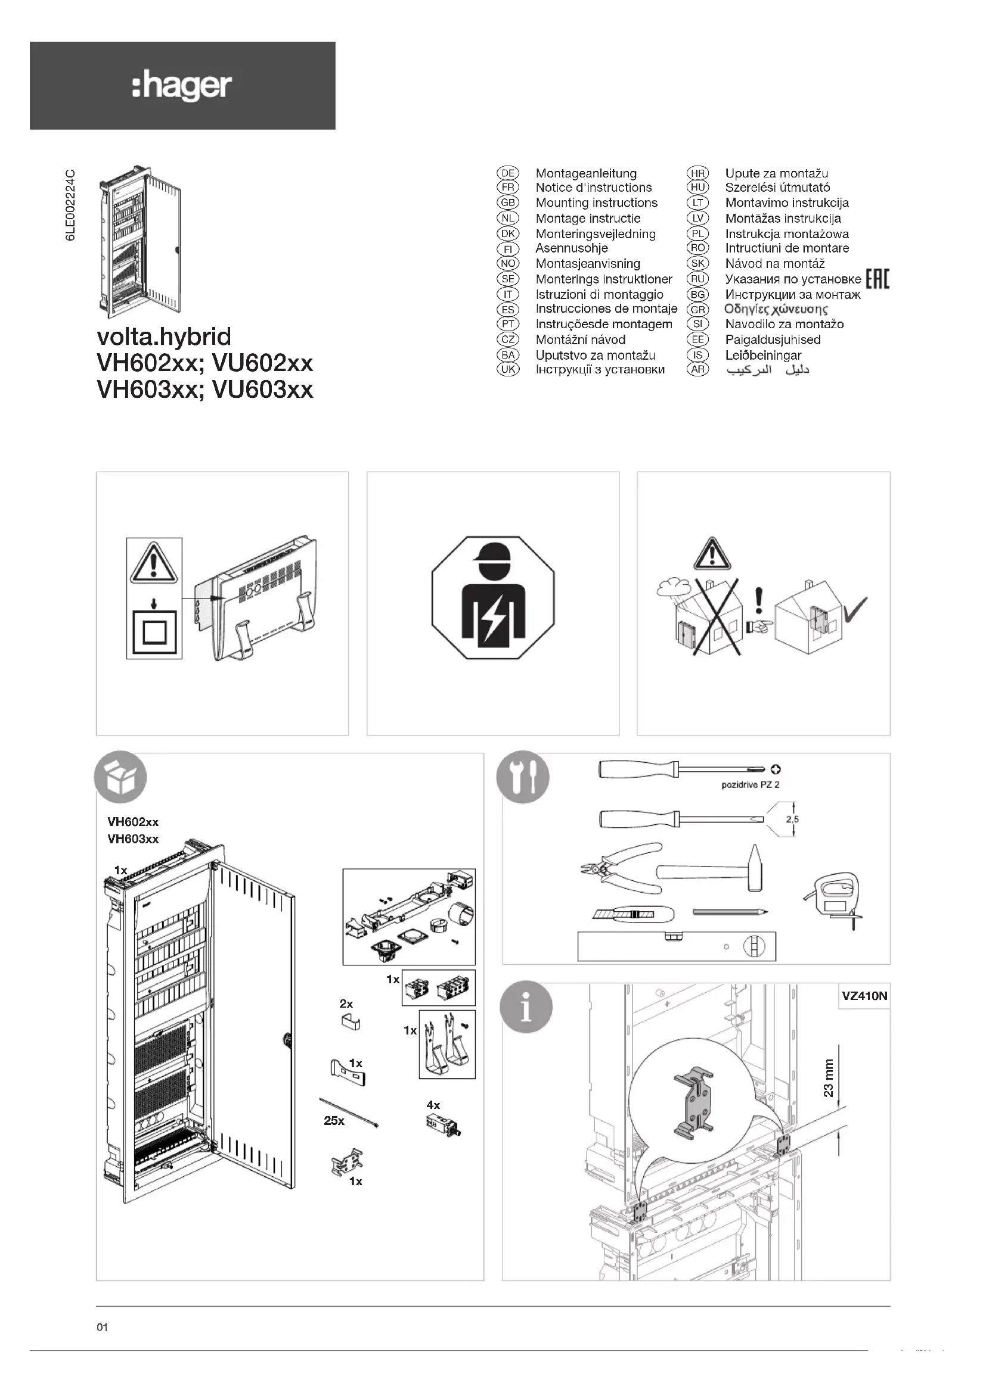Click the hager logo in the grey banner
point(182,86)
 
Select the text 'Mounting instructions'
point(596,202)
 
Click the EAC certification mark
point(878,280)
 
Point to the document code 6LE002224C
point(71,205)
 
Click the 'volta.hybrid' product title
point(164,336)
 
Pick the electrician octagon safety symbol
point(492,597)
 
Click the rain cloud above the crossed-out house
point(672,587)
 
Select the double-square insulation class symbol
point(154,633)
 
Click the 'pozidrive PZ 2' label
point(750,784)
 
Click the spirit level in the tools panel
point(677,946)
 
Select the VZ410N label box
point(864,996)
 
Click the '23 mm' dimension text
point(828,1077)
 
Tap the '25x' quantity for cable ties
point(334,1120)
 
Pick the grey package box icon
point(120,777)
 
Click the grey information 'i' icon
point(526,1006)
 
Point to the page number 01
point(102,1327)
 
